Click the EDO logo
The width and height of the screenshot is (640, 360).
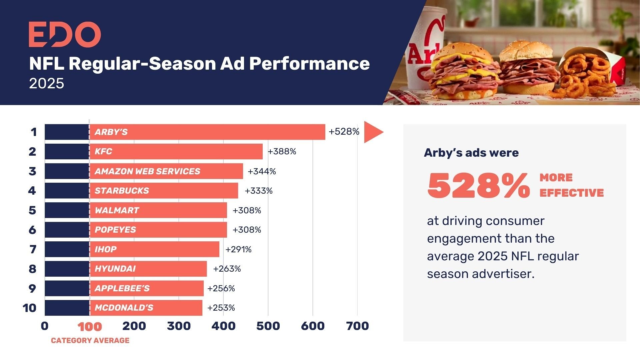tap(65, 35)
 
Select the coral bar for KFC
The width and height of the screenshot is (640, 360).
tap(176, 152)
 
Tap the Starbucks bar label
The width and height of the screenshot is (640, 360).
tap(122, 191)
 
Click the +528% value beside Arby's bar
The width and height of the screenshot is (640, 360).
tap(344, 132)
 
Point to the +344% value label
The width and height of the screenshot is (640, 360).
tap(262, 171)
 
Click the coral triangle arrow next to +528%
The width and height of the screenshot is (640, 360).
tap(372, 132)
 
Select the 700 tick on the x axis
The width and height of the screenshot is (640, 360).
tap(357, 326)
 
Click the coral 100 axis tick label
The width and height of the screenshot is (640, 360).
tap(90, 327)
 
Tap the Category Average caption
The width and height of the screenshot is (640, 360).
tap(90, 340)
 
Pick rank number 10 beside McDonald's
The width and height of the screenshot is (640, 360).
tap(30, 308)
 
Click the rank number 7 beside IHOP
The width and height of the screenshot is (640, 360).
tap(32, 249)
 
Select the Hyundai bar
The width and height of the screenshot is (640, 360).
tap(148, 269)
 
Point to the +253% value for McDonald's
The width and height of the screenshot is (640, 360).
tap(221, 308)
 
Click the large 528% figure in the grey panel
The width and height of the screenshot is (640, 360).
tap(478, 186)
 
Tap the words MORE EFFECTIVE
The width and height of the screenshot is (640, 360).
tap(571, 185)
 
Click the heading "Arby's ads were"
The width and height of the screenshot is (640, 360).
tap(471, 153)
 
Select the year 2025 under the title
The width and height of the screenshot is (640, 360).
tap(46, 83)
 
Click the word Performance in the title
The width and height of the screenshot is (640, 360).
tap(309, 63)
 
